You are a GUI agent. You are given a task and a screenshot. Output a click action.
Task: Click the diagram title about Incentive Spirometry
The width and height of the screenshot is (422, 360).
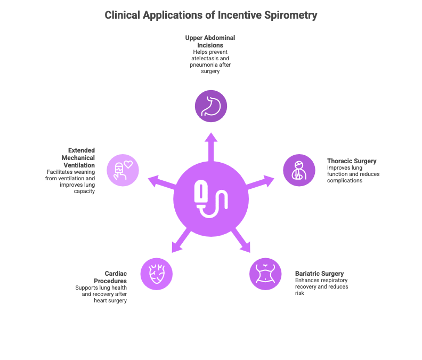pos(210,15)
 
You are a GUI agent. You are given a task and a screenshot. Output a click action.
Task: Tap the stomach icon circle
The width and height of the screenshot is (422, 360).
pos(210,106)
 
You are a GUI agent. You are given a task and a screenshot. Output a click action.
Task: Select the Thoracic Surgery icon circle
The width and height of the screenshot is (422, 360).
pos(298,170)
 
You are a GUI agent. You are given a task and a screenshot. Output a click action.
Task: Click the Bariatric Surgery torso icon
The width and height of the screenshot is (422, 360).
pos(265,274)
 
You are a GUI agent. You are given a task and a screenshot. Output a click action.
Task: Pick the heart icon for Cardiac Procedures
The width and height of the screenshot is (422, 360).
pos(156,274)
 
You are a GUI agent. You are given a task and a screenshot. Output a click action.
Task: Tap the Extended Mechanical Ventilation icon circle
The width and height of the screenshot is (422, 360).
pos(123,170)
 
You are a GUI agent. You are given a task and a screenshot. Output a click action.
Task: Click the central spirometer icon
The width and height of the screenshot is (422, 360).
pos(210,199)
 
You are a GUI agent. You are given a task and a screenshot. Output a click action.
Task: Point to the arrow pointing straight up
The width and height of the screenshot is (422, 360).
pos(210,145)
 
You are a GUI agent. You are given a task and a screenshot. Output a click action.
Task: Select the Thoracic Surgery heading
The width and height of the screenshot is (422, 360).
pos(352,161)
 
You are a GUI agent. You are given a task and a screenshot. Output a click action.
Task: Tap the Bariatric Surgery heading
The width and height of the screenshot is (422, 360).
pos(319,274)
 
